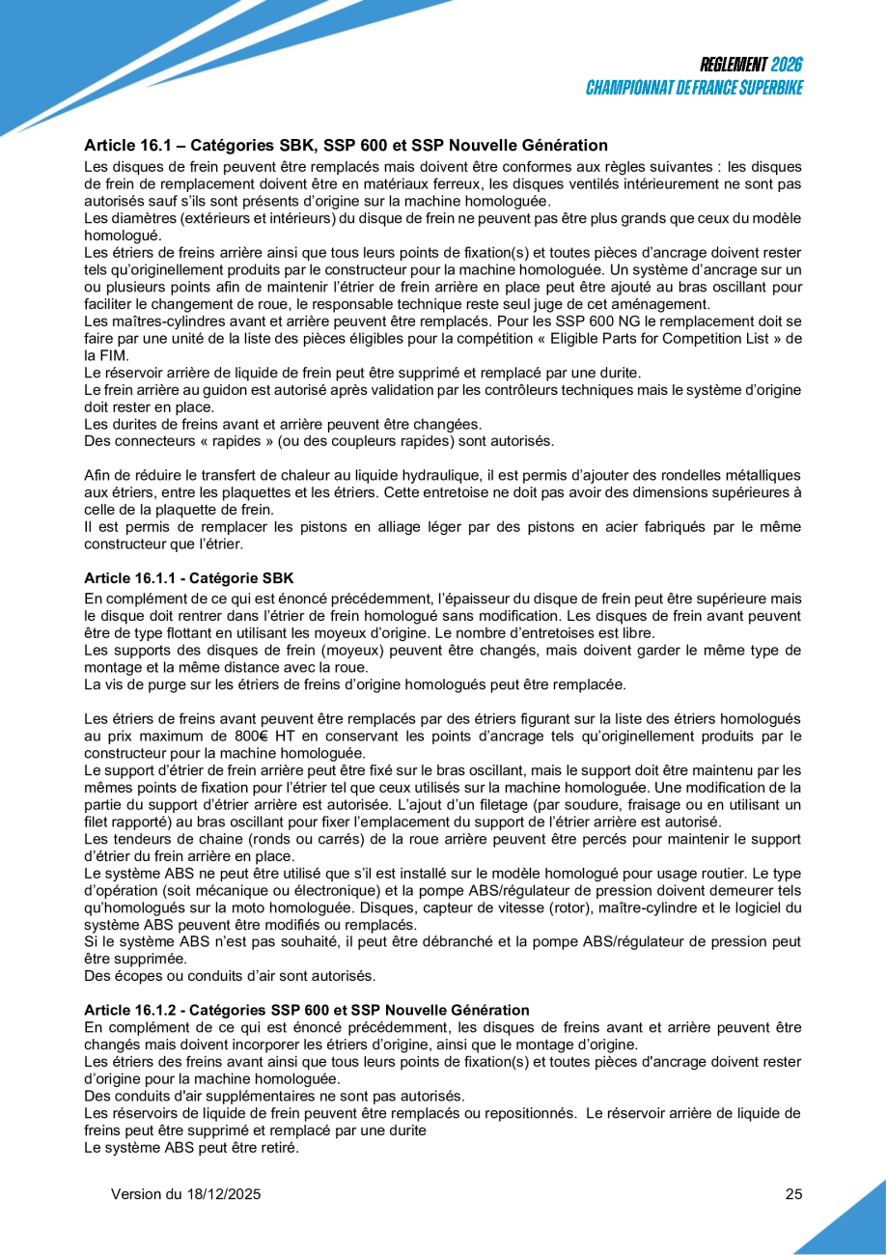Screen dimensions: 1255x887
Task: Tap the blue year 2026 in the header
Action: [x=787, y=66]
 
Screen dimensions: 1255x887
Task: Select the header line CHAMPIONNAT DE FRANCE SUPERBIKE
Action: [x=695, y=88]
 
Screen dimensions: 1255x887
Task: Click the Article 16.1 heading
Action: [x=346, y=146]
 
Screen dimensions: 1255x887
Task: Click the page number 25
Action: [x=793, y=1194]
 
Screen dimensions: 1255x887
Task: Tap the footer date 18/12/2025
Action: [x=223, y=1194]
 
